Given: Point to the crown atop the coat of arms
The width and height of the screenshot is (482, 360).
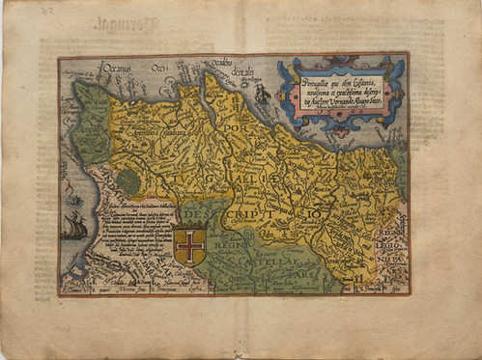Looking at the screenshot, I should tap(191, 223).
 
